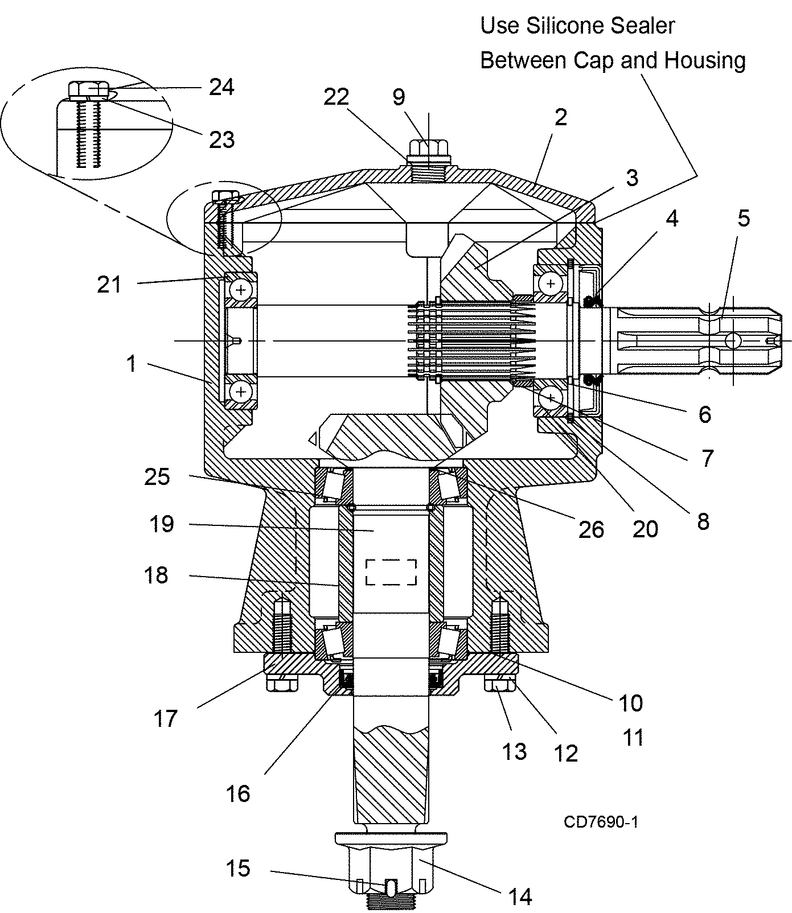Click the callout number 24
(x=221, y=87)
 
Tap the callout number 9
(x=399, y=97)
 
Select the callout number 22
(x=336, y=97)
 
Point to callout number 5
(x=744, y=218)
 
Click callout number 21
(x=109, y=283)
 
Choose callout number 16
(x=238, y=793)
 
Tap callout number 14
(x=520, y=896)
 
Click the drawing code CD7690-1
(x=601, y=821)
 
